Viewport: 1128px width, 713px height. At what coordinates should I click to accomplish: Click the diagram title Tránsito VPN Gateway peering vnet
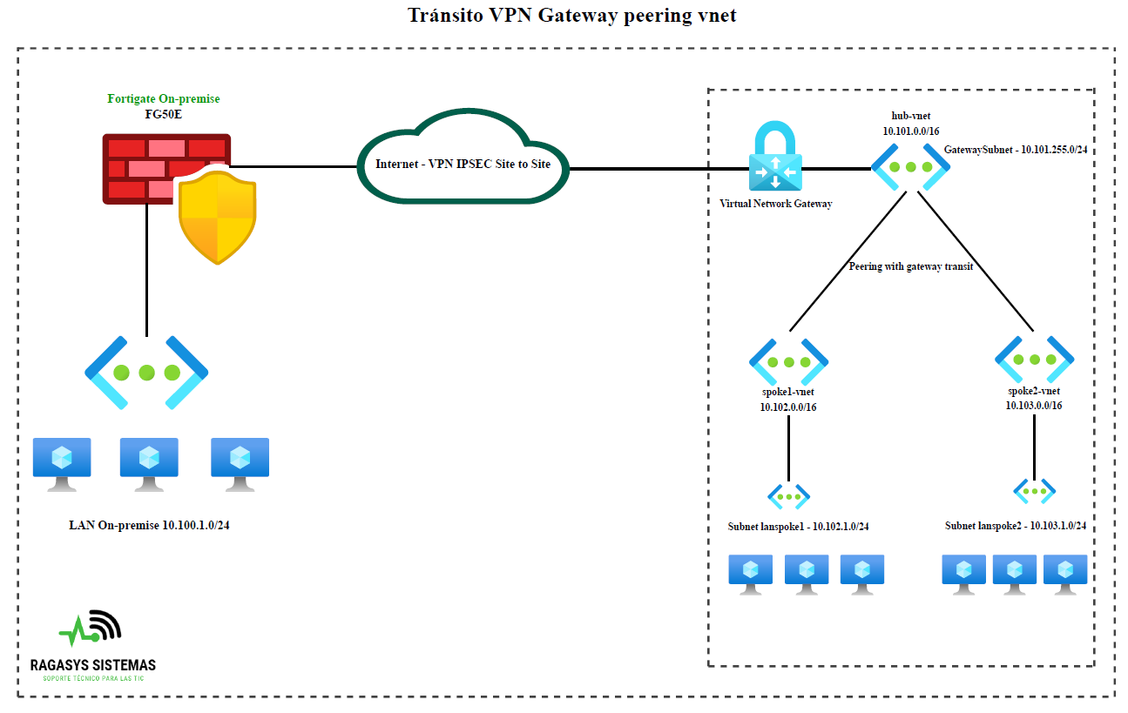572,15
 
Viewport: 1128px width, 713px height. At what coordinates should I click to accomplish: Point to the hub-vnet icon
910,166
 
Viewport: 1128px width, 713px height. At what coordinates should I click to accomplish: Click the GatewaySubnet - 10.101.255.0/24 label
1020,150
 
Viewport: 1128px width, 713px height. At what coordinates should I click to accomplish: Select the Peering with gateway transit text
910,266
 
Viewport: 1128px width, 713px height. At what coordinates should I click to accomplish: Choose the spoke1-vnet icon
788,361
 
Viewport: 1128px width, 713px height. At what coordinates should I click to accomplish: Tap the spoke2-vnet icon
1034,359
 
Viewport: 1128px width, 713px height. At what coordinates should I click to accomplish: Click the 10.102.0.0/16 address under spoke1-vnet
788,407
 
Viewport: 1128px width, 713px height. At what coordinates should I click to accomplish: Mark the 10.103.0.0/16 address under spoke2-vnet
1034,405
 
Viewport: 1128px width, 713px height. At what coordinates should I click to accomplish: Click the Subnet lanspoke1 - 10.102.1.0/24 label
798,526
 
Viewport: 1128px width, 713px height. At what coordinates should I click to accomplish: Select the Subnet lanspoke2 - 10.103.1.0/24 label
1015,526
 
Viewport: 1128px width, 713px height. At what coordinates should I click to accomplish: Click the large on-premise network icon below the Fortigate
146,373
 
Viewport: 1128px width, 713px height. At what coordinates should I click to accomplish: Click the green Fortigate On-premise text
163,98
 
